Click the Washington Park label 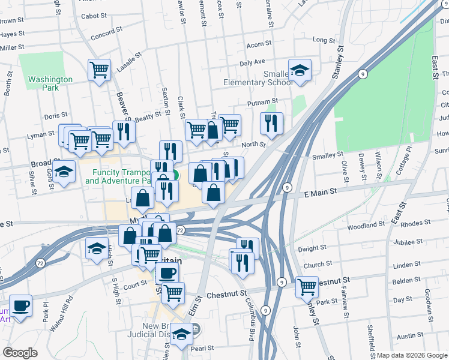pyautogui.click(x=50, y=83)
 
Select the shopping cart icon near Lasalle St pyautogui.click(x=100, y=70)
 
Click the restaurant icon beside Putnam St pyautogui.click(x=271, y=124)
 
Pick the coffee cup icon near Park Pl pyautogui.click(x=22, y=305)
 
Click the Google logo pyautogui.click(x=20, y=353)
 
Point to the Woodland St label pyautogui.click(x=366, y=224)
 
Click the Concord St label pyautogui.click(x=106, y=35)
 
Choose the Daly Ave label pyautogui.click(x=252, y=62)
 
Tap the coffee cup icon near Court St pyautogui.click(x=167, y=274)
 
